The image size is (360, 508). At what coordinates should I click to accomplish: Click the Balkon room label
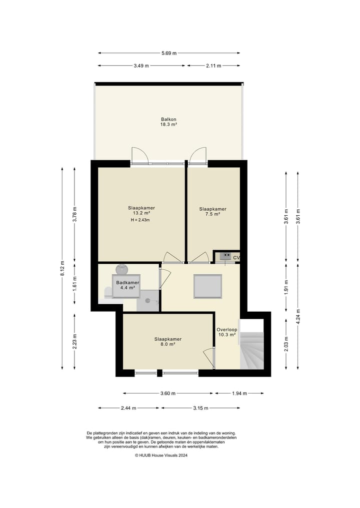click(x=168, y=119)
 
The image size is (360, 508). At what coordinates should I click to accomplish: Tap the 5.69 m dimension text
click(x=169, y=53)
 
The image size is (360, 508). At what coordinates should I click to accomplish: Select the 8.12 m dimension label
click(x=62, y=268)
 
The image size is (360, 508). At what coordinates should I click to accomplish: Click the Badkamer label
click(x=128, y=283)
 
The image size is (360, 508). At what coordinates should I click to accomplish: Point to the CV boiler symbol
click(x=225, y=256)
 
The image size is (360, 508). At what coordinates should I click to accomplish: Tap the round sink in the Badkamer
click(x=122, y=269)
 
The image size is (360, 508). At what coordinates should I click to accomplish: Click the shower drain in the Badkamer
click(x=147, y=301)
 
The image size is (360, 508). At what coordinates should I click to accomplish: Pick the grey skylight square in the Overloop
click(x=207, y=286)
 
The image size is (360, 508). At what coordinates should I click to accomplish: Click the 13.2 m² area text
click(x=141, y=213)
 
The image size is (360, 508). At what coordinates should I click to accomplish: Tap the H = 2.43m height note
click(x=140, y=220)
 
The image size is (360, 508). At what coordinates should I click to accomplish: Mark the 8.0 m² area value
click(x=167, y=344)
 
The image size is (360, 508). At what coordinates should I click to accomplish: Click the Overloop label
click(x=226, y=330)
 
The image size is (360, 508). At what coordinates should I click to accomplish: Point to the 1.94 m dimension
click(x=239, y=394)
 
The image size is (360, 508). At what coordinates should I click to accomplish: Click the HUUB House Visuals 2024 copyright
click(x=161, y=455)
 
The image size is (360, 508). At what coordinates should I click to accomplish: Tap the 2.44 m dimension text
click(x=128, y=408)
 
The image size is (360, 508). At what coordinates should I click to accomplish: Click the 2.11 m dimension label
click(x=213, y=66)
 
